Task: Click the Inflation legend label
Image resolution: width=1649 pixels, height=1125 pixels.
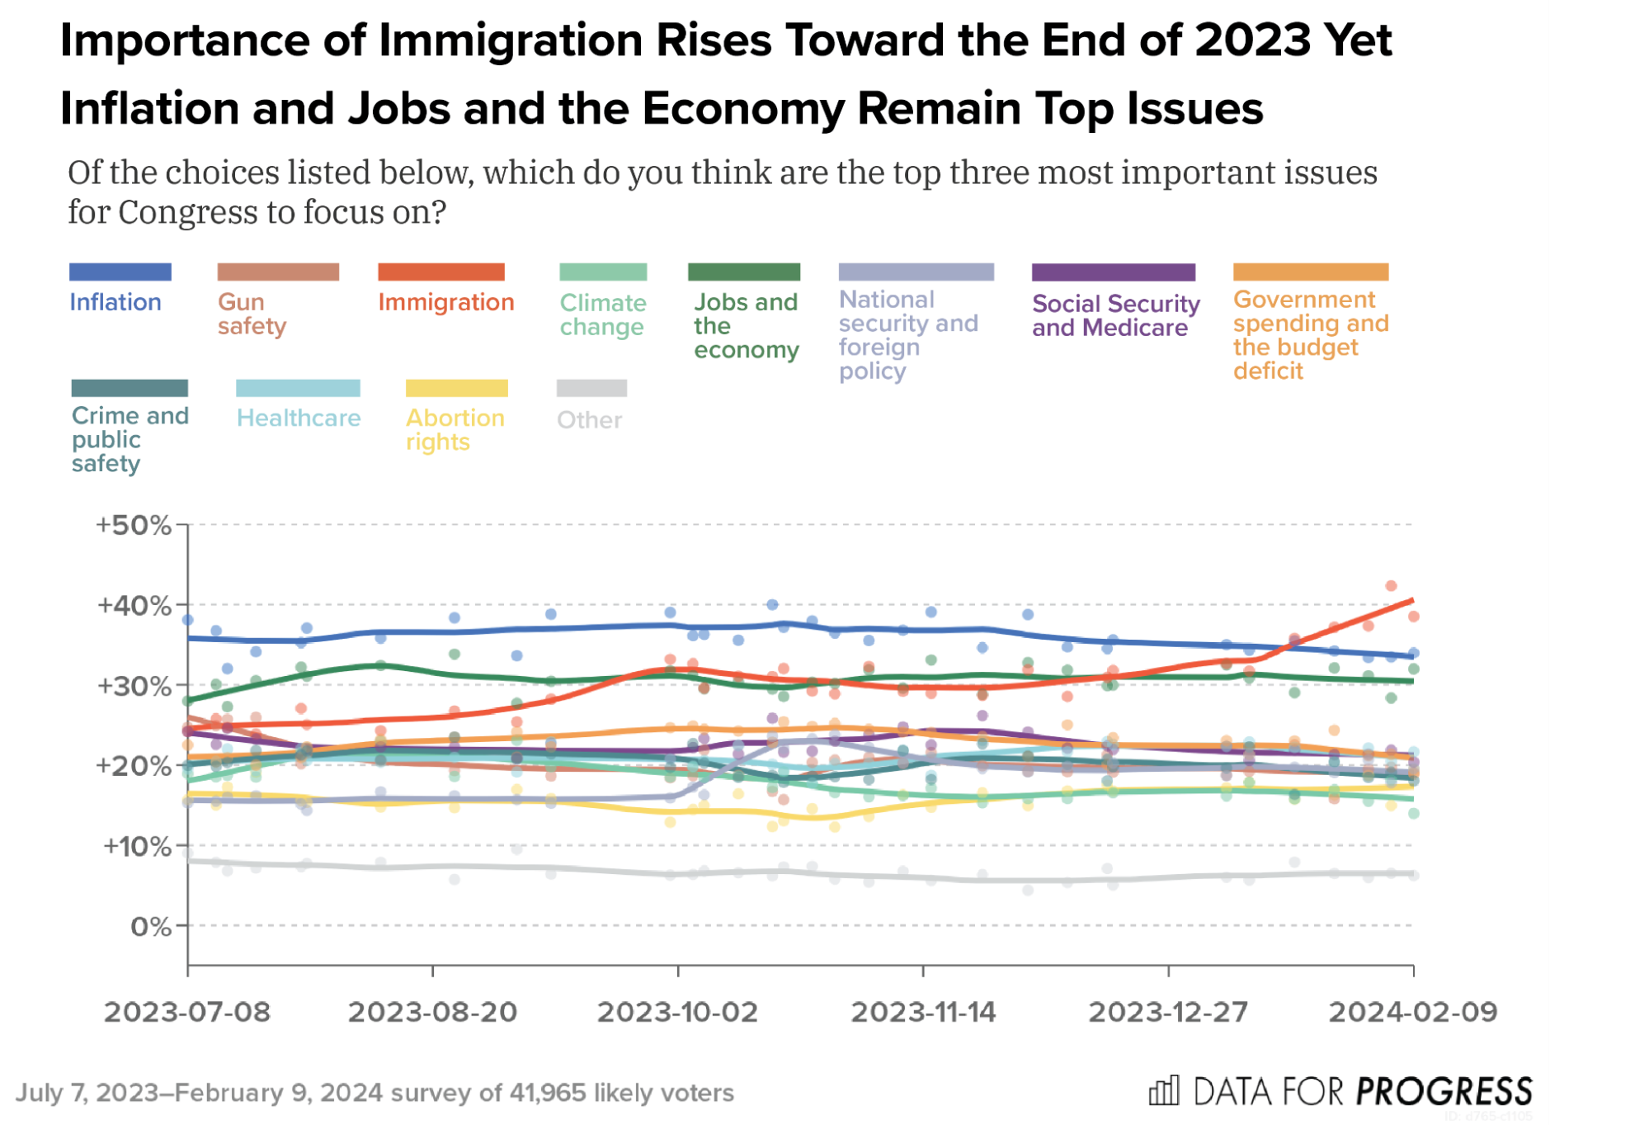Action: tap(115, 302)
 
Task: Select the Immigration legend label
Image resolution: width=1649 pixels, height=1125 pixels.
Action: tap(446, 302)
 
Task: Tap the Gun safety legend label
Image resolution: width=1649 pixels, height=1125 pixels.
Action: tap(252, 314)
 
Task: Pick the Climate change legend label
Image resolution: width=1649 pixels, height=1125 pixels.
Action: tap(603, 314)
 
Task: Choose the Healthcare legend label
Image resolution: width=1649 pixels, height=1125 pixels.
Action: tap(299, 418)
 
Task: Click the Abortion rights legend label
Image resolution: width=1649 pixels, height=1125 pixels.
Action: tap(455, 429)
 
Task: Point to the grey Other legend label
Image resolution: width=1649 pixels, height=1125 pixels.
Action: tap(589, 420)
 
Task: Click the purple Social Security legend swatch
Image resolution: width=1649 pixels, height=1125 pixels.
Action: tap(1113, 272)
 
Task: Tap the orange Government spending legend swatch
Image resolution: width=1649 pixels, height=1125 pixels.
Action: tap(1310, 272)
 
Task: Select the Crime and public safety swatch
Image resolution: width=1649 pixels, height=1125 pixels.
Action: tap(130, 388)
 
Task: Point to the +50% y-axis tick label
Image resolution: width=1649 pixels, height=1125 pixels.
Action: tap(134, 525)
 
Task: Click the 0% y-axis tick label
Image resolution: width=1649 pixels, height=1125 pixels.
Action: tap(151, 927)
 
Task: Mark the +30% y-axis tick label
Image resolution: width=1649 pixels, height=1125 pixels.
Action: tap(134, 686)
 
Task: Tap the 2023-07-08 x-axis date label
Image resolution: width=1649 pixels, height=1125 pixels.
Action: tap(187, 1012)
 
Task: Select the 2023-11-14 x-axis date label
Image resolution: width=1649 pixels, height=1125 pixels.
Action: tap(923, 1012)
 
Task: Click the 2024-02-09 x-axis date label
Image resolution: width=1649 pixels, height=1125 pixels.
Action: tap(1412, 1012)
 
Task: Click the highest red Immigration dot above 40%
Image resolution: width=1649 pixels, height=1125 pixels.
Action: tap(1391, 586)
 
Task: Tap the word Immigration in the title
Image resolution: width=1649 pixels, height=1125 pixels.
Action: tap(511, 41)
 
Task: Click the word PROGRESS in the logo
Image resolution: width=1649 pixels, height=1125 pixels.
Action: tap(1444, 1092)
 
